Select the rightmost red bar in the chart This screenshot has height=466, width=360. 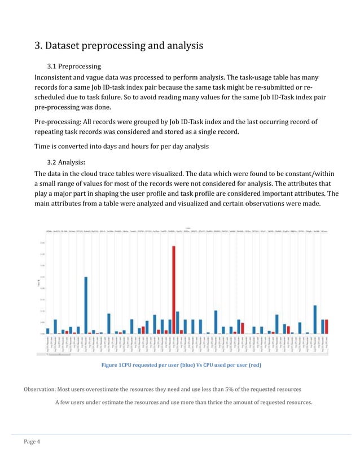point(326,326)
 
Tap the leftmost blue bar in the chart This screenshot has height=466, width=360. point(48,331)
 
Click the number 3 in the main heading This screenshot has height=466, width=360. point(38,46)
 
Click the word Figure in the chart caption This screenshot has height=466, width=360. point(109,366)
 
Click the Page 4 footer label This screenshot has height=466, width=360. point(32,441)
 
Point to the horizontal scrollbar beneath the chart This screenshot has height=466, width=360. point(58,355)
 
